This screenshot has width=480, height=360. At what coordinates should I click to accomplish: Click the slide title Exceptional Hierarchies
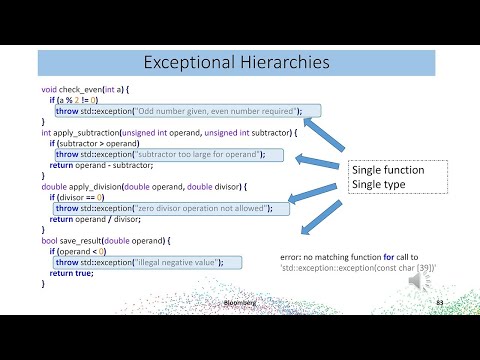click(x=236, y=62)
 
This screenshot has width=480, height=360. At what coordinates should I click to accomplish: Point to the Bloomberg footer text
click(x=236, y=300)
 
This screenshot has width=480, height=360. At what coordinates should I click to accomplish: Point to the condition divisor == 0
click(x=88, y=198)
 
